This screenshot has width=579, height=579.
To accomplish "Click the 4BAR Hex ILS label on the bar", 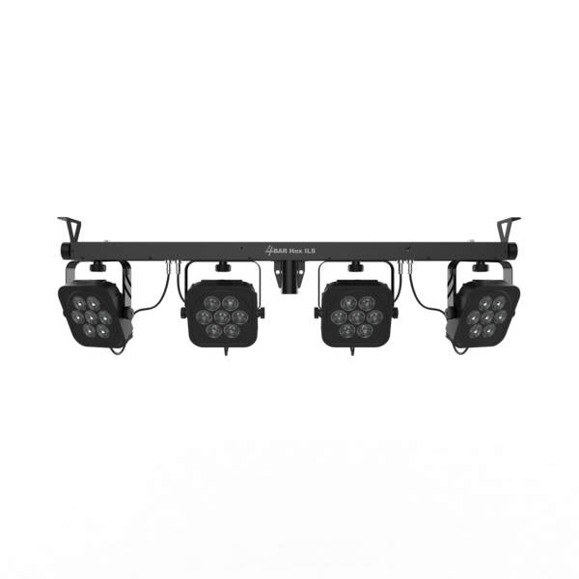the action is tap(290, 251).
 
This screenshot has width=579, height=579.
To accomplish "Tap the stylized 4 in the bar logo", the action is tap(269, 251).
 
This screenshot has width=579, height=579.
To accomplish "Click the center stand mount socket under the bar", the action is tap(289, 277).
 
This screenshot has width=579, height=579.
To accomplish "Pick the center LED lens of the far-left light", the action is tap(91, 317).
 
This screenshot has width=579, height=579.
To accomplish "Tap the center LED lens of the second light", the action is tap(222, 317).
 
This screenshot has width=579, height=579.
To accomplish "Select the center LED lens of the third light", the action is tap(357, 317).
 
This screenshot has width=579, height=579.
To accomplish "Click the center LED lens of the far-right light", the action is tap(487, 317).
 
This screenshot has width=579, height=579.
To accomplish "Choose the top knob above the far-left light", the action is tap(97, 266).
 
